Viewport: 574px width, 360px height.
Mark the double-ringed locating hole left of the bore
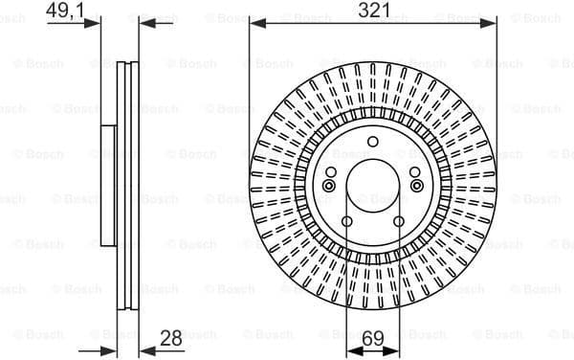pyautogui.click(x=328, y=186)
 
